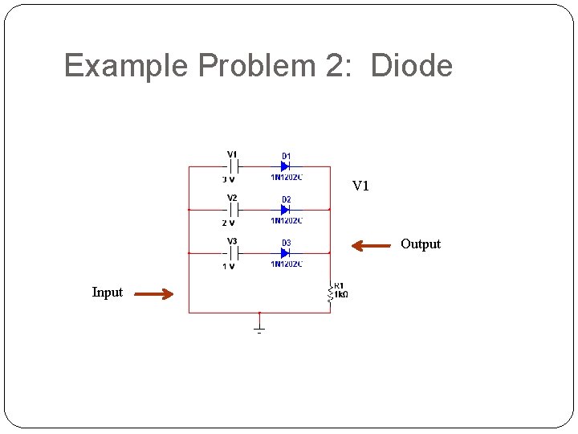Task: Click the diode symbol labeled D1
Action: point(285,166)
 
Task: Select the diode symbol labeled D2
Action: point(285,210)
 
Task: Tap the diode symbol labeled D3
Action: point(285,253)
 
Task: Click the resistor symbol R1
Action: point(330,294)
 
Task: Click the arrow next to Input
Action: point(153,294)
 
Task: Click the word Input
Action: point(108,293)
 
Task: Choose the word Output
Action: point(421,244)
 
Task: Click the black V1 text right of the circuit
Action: point(360,186)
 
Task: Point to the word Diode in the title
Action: point(412,66)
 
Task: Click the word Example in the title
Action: point(126,66)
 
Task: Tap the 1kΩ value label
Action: point(341,295)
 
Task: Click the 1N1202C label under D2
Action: point(287,220)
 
